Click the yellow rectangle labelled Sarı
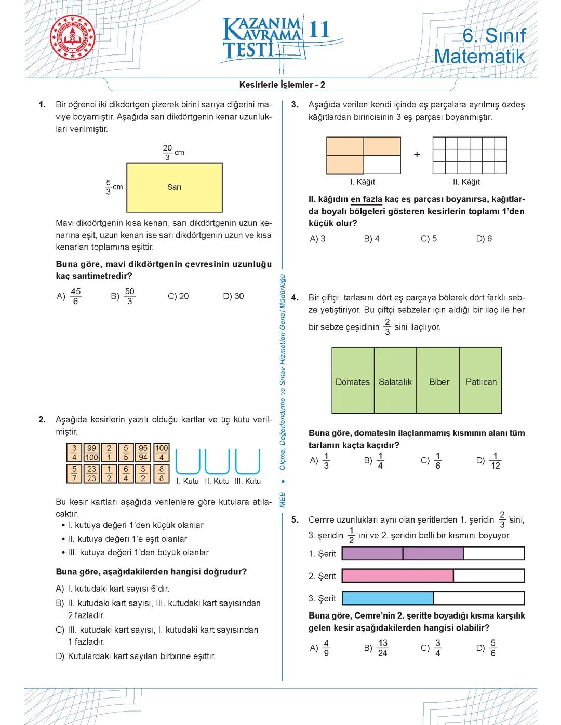tap(174, 187)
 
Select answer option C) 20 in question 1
tap(178, 296)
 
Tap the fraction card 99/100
tap(92, 453)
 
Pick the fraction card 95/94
tap(143, 453)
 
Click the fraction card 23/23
tap(92, 473)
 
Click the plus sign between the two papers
tap(417, 155)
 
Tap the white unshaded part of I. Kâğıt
tap(382, 165)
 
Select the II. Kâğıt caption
tap(466, 182)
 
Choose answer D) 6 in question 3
tap(484, 239)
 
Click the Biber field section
tap(438, 381)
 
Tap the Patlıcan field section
tap(480, 381)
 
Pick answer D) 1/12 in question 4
tap(488, 460)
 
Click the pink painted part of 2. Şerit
tap(397, 576)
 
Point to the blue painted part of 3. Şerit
tap(388, 598)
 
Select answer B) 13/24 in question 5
tap(376, 648)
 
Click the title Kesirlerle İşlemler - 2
tap(282, 85)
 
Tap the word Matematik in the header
tap(479, 56)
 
